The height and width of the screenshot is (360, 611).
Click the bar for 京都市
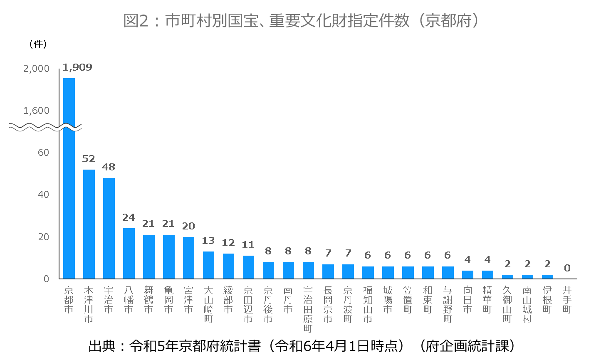click(69, 179)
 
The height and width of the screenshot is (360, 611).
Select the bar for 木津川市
click(89, 224)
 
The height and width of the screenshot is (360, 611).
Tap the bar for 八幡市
click(129, 253)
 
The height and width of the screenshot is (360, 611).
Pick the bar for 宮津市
click(188, 258)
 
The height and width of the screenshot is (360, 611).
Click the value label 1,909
click(77, 67)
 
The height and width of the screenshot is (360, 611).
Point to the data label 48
click(109, 167)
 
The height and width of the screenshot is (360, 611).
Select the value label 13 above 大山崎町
click(208, 241)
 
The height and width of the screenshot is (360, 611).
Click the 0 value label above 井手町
click(567, 268)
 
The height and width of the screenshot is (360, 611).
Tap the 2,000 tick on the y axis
click(36, 69)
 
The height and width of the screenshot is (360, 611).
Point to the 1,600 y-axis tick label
click(36, 111)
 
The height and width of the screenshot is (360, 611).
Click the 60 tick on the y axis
click(43, 153)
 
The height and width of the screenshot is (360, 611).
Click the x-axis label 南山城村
click(527, 304)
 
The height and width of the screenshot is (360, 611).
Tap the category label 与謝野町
click(448, 304)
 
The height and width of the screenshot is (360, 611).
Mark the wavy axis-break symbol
click(45, 127)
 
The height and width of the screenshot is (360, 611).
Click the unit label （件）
click(38, 44)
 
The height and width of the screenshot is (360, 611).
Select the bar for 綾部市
click(228, 266)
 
